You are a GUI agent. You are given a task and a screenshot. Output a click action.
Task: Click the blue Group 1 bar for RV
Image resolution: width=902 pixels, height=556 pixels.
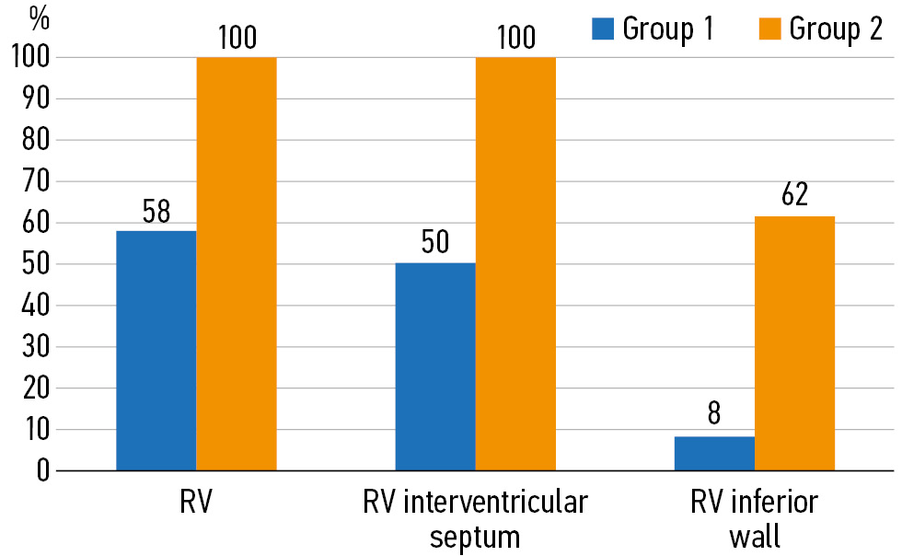[156, 350]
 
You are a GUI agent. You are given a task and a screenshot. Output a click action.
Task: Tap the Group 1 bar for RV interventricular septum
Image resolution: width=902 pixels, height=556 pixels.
[435, 366]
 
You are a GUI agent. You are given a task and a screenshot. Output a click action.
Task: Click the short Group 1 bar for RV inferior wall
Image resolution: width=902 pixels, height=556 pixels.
[714, 454]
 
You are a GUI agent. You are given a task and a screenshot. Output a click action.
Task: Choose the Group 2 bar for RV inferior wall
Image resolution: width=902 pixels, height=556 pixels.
[795, 343]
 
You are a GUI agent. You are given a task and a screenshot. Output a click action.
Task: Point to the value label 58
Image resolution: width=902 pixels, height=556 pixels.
[156, 212]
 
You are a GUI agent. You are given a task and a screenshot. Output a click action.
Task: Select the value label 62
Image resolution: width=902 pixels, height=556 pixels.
[794, 196]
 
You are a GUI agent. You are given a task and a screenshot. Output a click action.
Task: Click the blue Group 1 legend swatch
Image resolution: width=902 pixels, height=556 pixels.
[603, 29]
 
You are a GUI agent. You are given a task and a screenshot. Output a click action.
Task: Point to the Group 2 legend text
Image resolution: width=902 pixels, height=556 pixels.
[836, 29]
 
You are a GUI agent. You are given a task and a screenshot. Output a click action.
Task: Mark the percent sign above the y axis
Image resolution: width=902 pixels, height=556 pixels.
[38, 17]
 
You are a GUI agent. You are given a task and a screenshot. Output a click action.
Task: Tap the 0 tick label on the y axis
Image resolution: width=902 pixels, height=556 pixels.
[42, 471]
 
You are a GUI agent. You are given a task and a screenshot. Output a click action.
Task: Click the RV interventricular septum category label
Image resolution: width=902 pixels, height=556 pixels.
[475, 519]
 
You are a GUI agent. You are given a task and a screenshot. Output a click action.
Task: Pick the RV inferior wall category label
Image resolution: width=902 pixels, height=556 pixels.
[754, 519]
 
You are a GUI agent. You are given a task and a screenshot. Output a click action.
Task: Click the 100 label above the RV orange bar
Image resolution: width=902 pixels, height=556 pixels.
[237, 38]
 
